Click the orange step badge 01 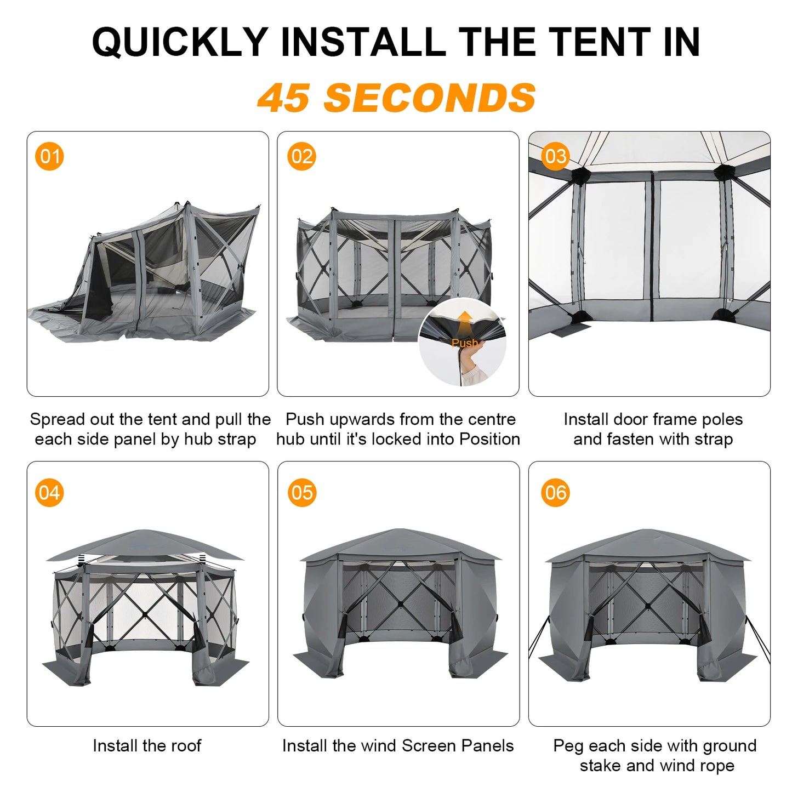point(49,157)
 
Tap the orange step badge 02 point(301,157)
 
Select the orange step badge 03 point(555,157)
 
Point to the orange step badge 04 point(49,493)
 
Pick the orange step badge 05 point(302,493)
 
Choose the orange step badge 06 point(555,493)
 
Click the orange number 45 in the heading point(283,99)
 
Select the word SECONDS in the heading point(430,99)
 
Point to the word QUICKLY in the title point(180,42)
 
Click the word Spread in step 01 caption point(58,419)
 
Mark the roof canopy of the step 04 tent point(145,545)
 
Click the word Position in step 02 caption point(489,439)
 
